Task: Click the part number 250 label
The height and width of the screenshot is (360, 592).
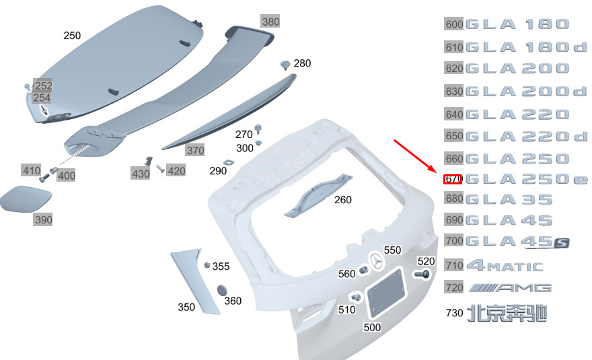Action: pyautogui.click(x=72, y=36)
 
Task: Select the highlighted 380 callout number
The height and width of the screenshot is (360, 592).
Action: pyautogui.click(x=270, y=22)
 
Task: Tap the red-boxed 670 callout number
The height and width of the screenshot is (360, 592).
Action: pyautogui.click(x=453, y=179)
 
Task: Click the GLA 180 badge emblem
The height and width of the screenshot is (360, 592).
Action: pyautogui.click(x=517, y=24)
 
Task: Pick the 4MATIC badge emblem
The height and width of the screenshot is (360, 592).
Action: pyautogui.click(x=505, y=266)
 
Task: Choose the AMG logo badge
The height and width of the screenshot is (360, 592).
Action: pyautogui.click(x=510, y=288)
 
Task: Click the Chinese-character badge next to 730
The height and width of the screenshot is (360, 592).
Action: pyautogui.click(x=507, y=313)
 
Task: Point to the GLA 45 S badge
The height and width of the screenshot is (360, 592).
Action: pyautogui.click(x=517, y=242)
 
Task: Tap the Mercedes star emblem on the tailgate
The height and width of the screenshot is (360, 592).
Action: pyautogui.click(x=376, y=261)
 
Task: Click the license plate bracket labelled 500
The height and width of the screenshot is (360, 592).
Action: pyautogui.click(x=386, y=293)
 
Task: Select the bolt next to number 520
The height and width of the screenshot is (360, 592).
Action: pyautogui.click(x=422, y=275)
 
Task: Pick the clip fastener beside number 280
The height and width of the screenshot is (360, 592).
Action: pyautogui.click(x=285, y=65)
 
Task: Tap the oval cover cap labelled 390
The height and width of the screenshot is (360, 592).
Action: pyautogui.click(x=26, y=199)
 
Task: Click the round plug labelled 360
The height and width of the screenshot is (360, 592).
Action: pyautogui.click(x=222, y=291)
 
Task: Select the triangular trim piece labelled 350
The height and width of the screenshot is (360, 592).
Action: pyautogui.click(x=195, y=281)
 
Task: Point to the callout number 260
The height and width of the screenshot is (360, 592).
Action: pyautogui.click(x=343, y=199)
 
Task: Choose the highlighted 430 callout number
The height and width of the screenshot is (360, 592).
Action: pyautogui.click(x=141, y=174)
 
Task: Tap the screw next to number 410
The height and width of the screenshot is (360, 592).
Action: pyautogui.click(x=44, y=177)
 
